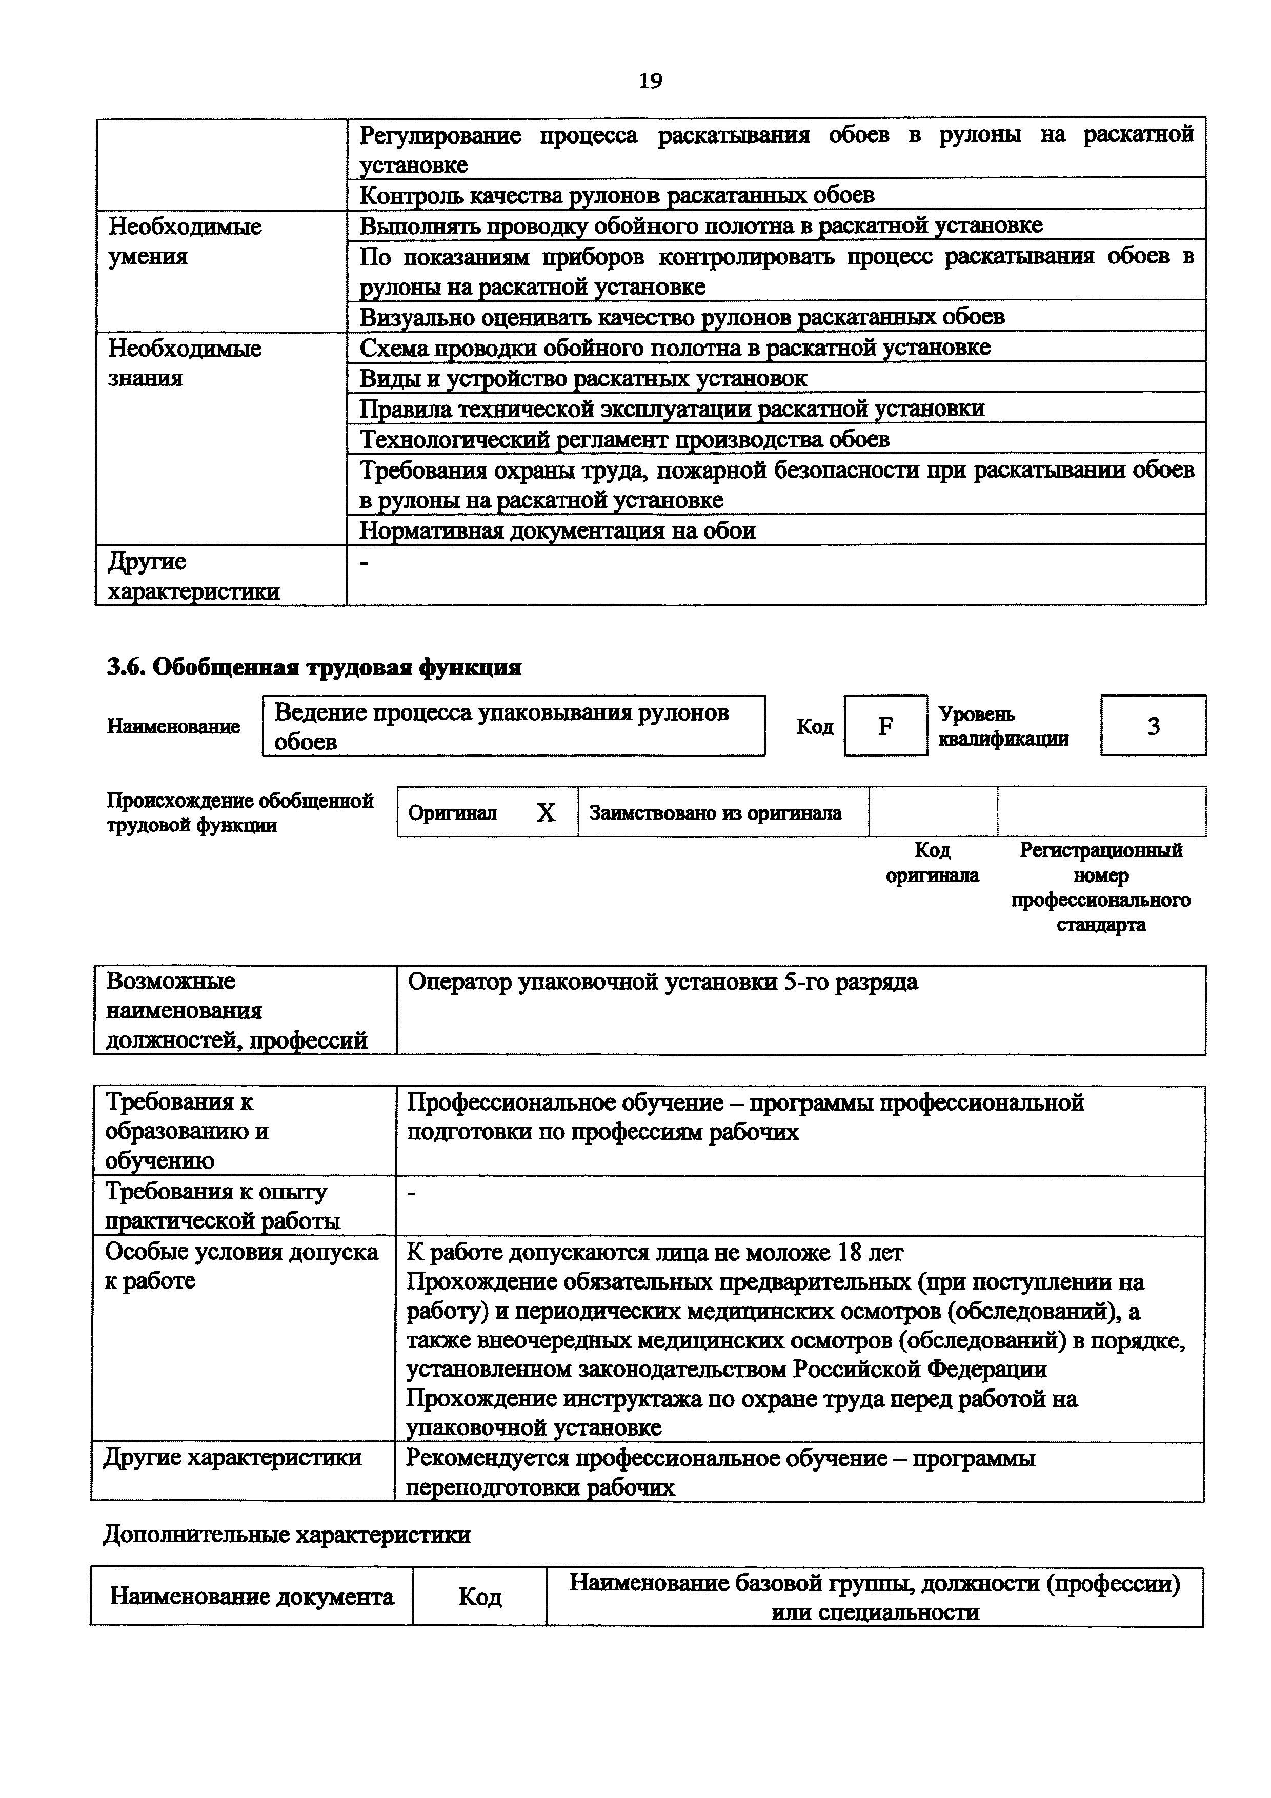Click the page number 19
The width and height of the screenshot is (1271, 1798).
point(650,80)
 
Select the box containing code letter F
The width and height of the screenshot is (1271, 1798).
point(885,726)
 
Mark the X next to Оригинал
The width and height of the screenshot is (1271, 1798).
point(546,813)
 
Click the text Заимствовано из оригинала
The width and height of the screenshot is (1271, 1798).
point(715,813)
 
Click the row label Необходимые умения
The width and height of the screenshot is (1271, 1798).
point(185,241)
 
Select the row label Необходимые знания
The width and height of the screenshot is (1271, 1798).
point(185,362)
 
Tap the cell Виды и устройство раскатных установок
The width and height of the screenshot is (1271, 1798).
point(582,378)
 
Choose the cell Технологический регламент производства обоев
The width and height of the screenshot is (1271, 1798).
point(624,439)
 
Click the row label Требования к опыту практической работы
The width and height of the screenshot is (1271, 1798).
point(223,1206)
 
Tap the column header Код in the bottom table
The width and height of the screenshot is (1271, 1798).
point(479,1596)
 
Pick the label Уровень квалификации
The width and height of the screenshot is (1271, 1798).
point(1003,726)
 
